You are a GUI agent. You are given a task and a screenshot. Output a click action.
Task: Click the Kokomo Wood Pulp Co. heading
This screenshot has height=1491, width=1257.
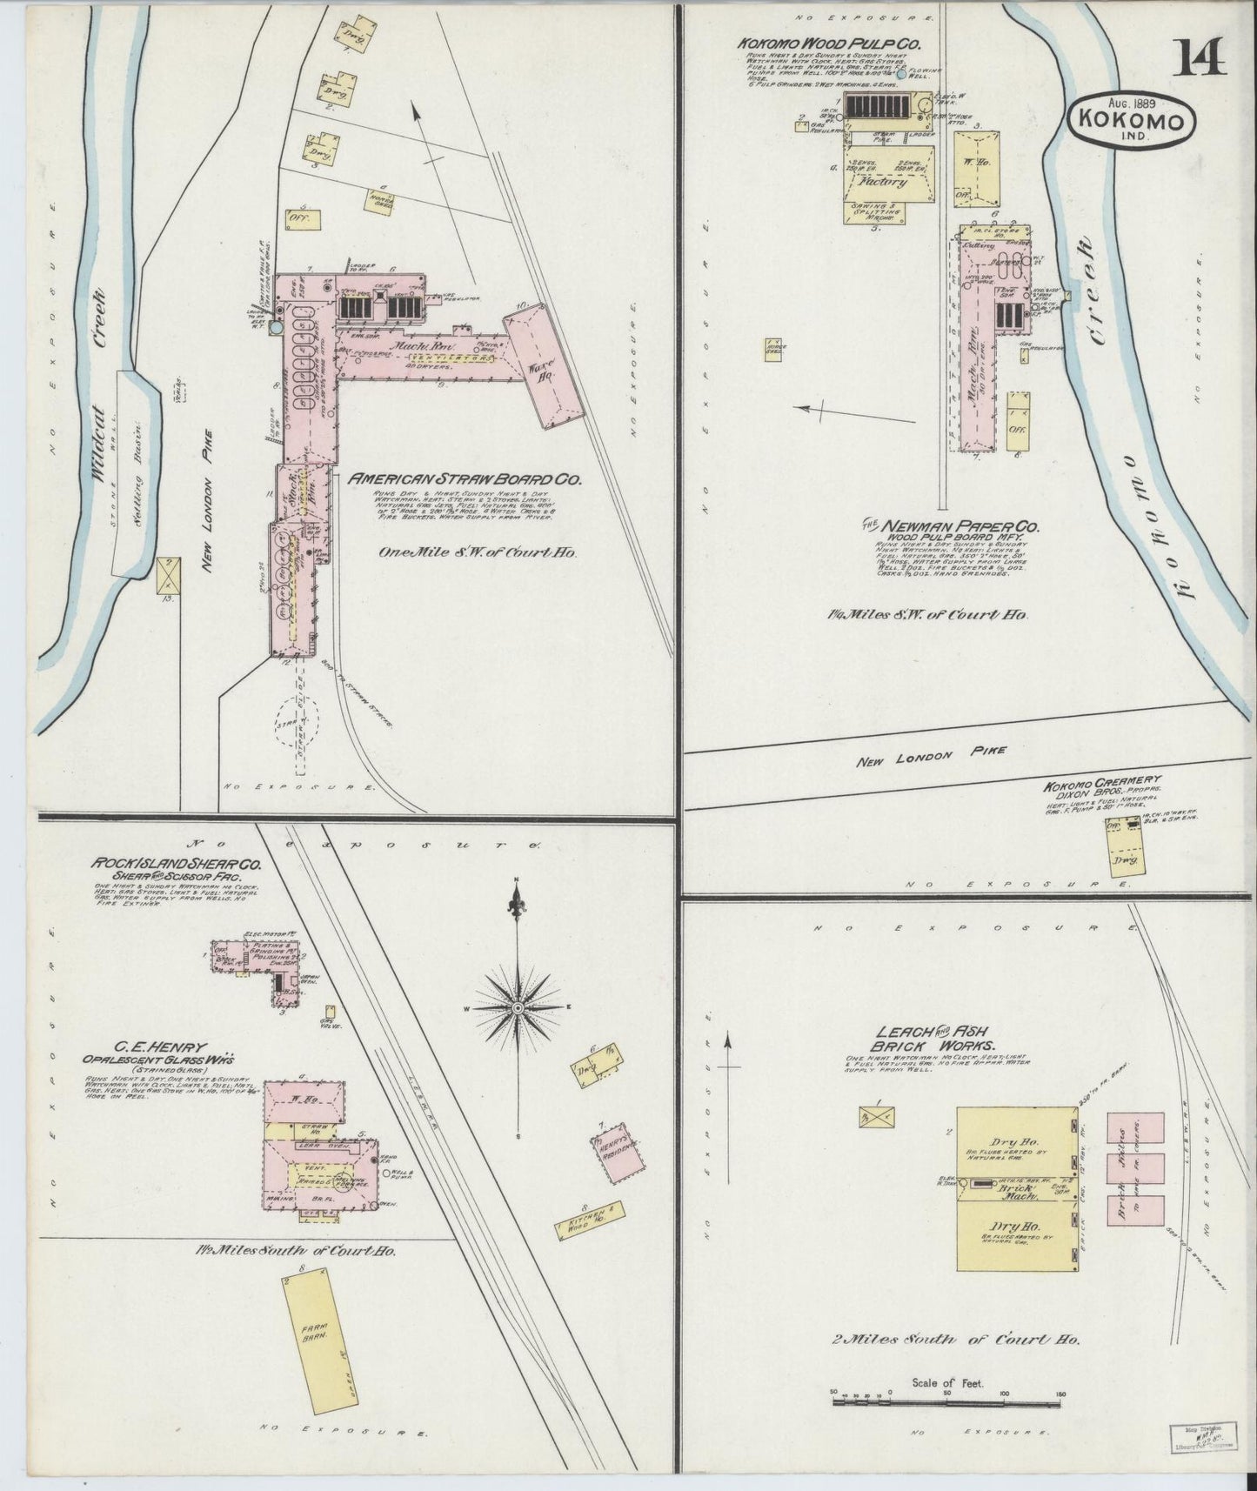(806, 43)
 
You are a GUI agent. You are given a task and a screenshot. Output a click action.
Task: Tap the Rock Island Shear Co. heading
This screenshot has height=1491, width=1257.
(181, 866)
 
